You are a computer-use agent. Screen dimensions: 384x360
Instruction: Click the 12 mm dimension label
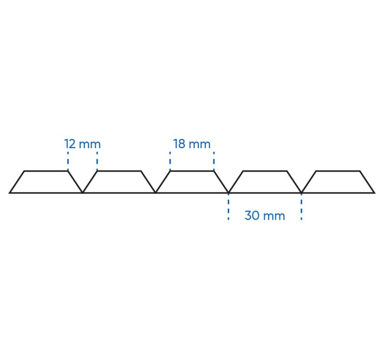pyautogui.click(x=82, y=144)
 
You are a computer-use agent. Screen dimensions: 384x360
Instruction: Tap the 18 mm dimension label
pyautogui.click(x=192, y=144)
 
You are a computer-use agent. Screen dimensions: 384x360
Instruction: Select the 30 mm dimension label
pyautogui.click(x=265, y=216)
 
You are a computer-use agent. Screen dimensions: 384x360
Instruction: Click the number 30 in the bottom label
pyautogui.click(x=252, y=216)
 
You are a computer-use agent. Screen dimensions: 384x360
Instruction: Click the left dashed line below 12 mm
pyautogui.click(x=68, y=161)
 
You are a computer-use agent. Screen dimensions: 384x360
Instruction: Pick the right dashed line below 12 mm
pyautogui.click(x=97, y=161)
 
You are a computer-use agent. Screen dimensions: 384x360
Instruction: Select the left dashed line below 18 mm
pyautogui.click(x=170, y=161)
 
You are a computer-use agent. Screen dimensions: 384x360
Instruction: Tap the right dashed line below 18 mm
pyautogui.click(x=214, y=161)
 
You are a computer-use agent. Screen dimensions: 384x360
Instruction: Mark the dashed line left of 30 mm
pyautogui.click(x=228, y=206)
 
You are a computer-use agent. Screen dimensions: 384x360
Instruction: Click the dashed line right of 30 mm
pyautogui.click(x=301, y=206)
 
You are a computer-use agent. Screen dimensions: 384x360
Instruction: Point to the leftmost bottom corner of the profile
pyautogui.click(x=9, y=193)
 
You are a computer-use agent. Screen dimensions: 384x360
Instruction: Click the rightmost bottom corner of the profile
pyautogui.click(x=374, y=193)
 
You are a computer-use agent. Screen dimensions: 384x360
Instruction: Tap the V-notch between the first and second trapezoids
pyautogui.click(x=83, y=193)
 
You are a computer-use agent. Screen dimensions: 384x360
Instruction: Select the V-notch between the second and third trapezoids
pyautogui.click(x=156, y=193)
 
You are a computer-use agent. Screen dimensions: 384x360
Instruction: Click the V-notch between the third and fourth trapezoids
pyautogui.click(x=228, y=193)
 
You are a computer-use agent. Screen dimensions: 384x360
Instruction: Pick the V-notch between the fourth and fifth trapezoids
pyautogui.click(x=301, y=193)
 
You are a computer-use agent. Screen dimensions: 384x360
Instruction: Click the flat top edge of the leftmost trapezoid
pyautogui.click(x=46, y=171)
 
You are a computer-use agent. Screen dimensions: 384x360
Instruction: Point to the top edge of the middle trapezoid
pyautogui.click(x=192, y=171)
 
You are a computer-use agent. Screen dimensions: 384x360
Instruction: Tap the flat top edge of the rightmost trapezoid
pyautogui.click(x=338, y=171)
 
